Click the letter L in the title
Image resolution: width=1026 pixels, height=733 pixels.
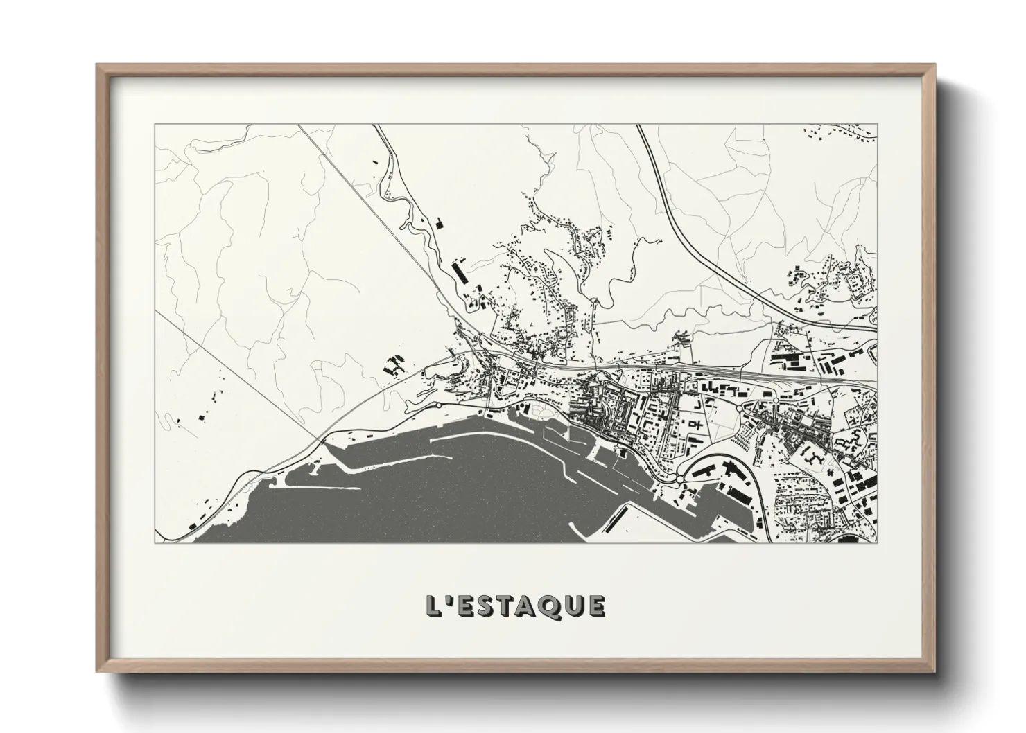click(435, 606)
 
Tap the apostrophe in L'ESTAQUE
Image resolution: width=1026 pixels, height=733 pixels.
click(451, 599)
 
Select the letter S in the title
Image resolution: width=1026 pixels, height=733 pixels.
click(489, 606)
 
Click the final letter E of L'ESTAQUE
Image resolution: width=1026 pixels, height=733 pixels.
click(598, 606)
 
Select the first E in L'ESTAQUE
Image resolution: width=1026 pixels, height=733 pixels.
click(468, 606)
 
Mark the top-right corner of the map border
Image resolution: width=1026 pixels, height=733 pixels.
click(877, 125)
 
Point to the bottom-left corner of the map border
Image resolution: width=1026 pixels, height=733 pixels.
click(155, 542)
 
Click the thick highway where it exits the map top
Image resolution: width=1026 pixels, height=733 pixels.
click(639, 126)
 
